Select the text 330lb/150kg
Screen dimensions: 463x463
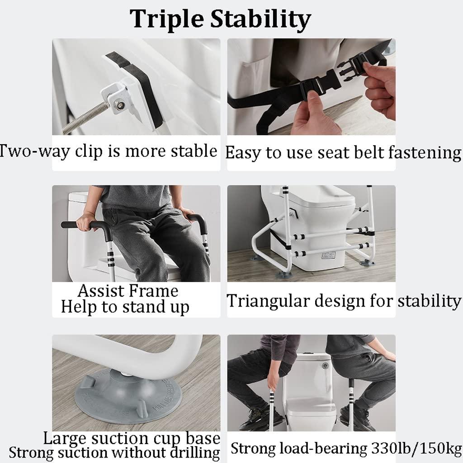tap(415, 448)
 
